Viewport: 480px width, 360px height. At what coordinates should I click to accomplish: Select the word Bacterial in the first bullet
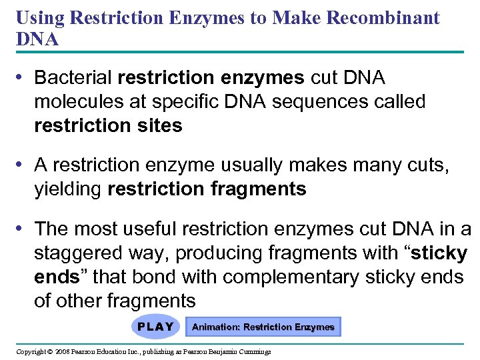(x=73, y=78)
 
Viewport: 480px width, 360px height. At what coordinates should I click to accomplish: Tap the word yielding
(x=68, y=189)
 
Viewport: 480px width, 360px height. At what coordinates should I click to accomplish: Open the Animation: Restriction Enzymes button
(x=263, y=327)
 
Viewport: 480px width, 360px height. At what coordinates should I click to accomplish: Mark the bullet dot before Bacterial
(x=23, y=78)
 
